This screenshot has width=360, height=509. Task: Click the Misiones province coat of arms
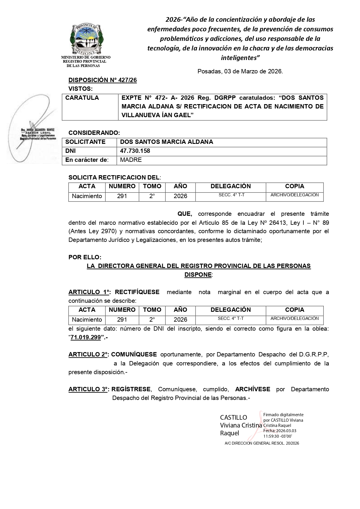click(86, 39)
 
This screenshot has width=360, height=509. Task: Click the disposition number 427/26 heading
click(102, 80)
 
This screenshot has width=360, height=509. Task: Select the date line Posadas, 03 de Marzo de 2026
click(240, 71)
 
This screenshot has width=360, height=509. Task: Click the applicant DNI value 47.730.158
click(135, 151)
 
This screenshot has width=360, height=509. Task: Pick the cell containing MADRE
click(131, 160)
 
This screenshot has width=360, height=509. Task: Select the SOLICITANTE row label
click(85, 142)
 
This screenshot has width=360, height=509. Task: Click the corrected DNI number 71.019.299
click(86, 337)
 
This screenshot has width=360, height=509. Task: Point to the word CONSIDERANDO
click(94, 133)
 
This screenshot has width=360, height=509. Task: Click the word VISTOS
click(80, 89)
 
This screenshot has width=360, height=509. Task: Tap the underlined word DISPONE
click(198, 274)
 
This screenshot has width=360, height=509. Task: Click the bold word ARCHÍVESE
click(253, 389)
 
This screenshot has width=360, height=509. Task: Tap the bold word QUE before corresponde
click(185, 214)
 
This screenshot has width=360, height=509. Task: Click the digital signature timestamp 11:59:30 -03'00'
click(277, 436)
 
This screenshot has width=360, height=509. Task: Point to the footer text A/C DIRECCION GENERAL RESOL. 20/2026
click(262, 443)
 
